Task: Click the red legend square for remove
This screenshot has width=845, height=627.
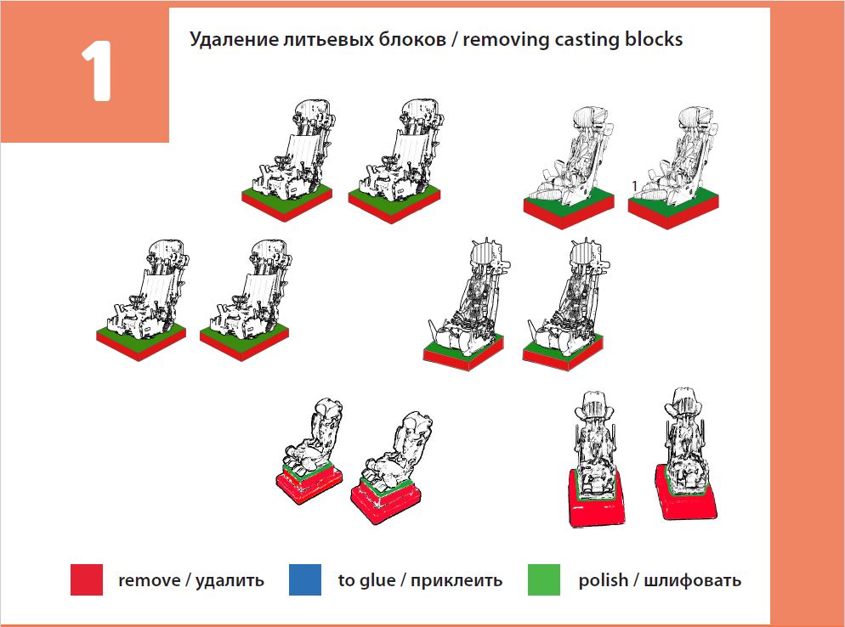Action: click(x=87, y=580)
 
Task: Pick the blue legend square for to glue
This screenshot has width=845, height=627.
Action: click(x=305, y=580)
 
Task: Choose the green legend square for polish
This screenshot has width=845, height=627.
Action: click(x=544, y=580)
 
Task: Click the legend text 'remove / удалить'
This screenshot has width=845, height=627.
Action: click(x=191, y=581)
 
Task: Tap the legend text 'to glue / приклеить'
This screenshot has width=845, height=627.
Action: click(x=420, y=581)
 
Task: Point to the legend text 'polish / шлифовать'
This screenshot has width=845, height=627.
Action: click(x=660, y=581)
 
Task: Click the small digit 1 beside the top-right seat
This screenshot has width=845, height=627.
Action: click(x=634, y=186)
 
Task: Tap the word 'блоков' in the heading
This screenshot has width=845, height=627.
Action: click(x=399, y=40)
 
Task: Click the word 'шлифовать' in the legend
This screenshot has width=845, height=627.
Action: click(x=693, y=581)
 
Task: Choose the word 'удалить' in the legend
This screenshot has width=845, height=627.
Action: click(x=230, y=581)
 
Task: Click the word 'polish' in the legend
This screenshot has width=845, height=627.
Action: click(x=604, y=581)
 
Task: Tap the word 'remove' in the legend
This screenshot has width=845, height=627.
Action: click(x=150, y=581)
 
